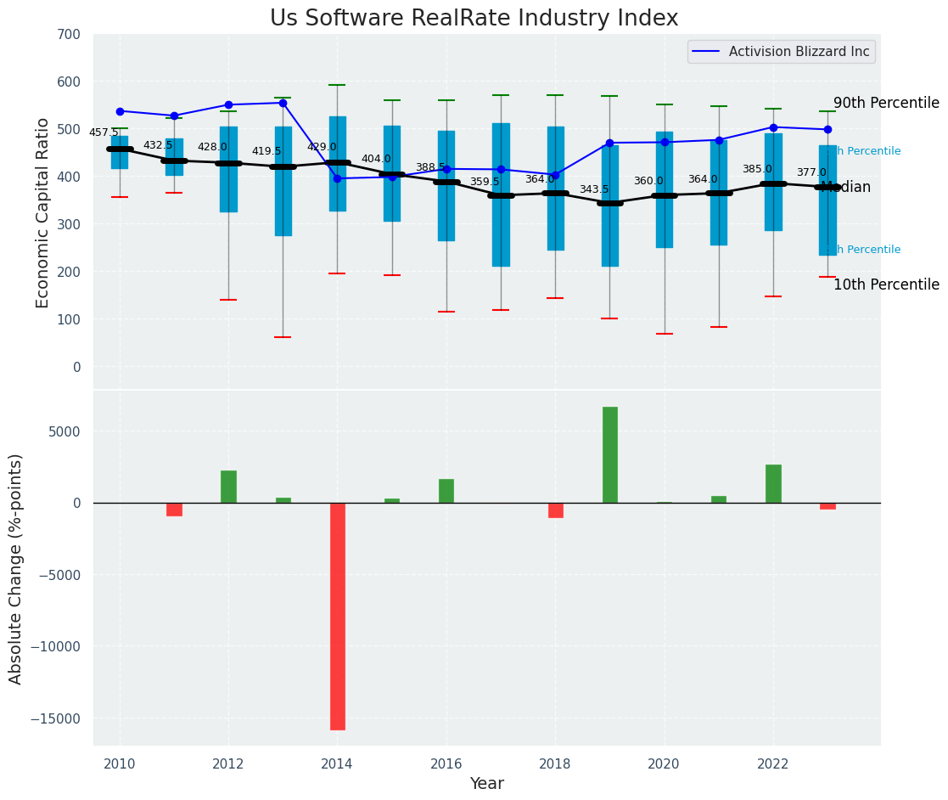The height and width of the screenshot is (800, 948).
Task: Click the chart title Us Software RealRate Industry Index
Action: click(474, 19)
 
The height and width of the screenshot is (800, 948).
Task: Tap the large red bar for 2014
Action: click(338, 616)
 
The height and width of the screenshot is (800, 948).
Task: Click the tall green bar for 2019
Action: click(610, 454)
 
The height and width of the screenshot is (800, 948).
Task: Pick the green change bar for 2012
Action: click(228, 487)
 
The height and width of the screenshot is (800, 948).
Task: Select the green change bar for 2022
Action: click(773, 483)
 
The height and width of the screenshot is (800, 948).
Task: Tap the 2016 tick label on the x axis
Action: click(446, 763)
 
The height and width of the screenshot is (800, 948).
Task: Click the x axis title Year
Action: click(487, 784)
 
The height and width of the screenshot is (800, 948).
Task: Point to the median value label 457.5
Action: click(104, 132)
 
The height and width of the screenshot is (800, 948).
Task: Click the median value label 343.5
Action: click(594, 189)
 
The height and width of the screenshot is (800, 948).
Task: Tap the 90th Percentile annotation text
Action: click(886, 104)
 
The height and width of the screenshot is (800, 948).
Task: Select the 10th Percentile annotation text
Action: click(886, 285)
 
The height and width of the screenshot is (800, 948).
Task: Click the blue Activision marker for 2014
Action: click(338, 178)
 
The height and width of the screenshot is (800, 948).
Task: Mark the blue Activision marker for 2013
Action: click(283, 103)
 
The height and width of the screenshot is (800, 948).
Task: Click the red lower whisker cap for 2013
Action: click(283, 337)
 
